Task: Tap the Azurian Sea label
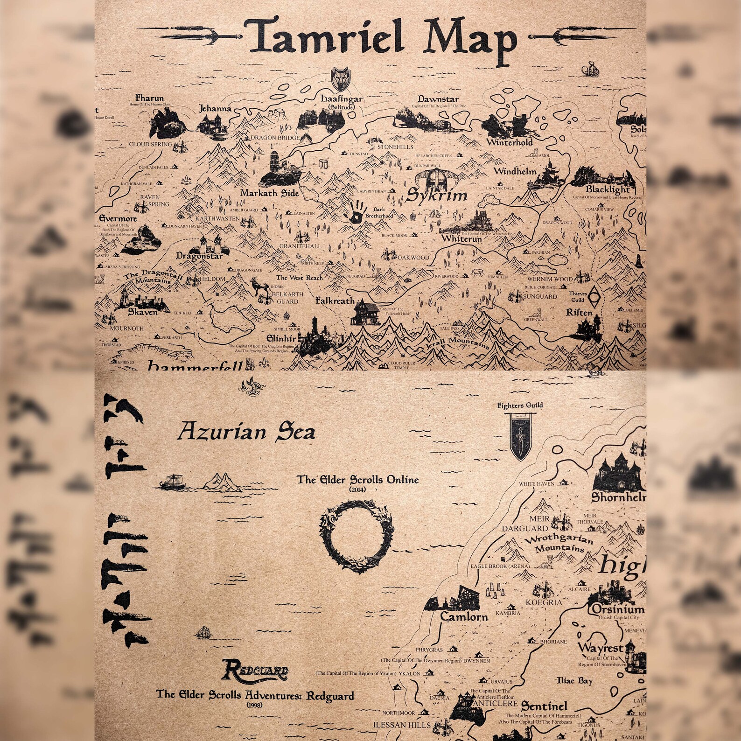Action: pyautogui.click(x=246, y=432)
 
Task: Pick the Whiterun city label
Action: pyautogui.click(x=461, y=238)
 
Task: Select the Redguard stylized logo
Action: pyautogui.click(x=255, y=671)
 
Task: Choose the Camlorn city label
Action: pyautogui.click(x=464, y=616)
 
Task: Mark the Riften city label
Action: pyautogui.click(x=579, y=312)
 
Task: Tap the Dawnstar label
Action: pyautogui.click(x=438, y=99)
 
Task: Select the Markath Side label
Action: pyautogui.click(x=270, y=193)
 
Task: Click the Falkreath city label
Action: pyautogui.click(x=335, y=301)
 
